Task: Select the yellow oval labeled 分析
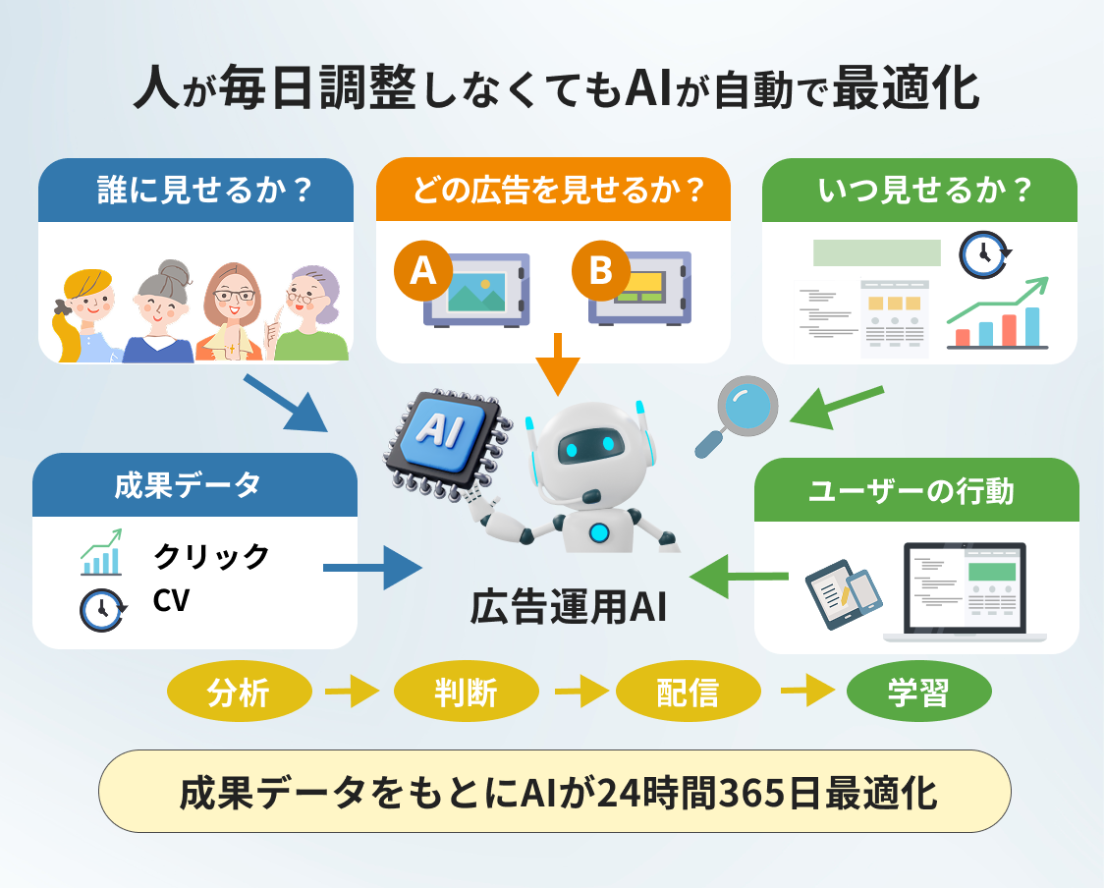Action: tap(239, 693)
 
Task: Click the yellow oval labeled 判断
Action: tap(466, 693)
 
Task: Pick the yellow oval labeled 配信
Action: tap(688, 693)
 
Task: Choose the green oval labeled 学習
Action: tap(918, 693)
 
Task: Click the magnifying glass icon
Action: tap(739, 413)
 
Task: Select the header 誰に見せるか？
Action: tap(195, 191)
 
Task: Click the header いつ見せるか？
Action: tap(919, 191)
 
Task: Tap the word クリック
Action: tap(211, 556)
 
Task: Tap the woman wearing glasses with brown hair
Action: tap(233, 309)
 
